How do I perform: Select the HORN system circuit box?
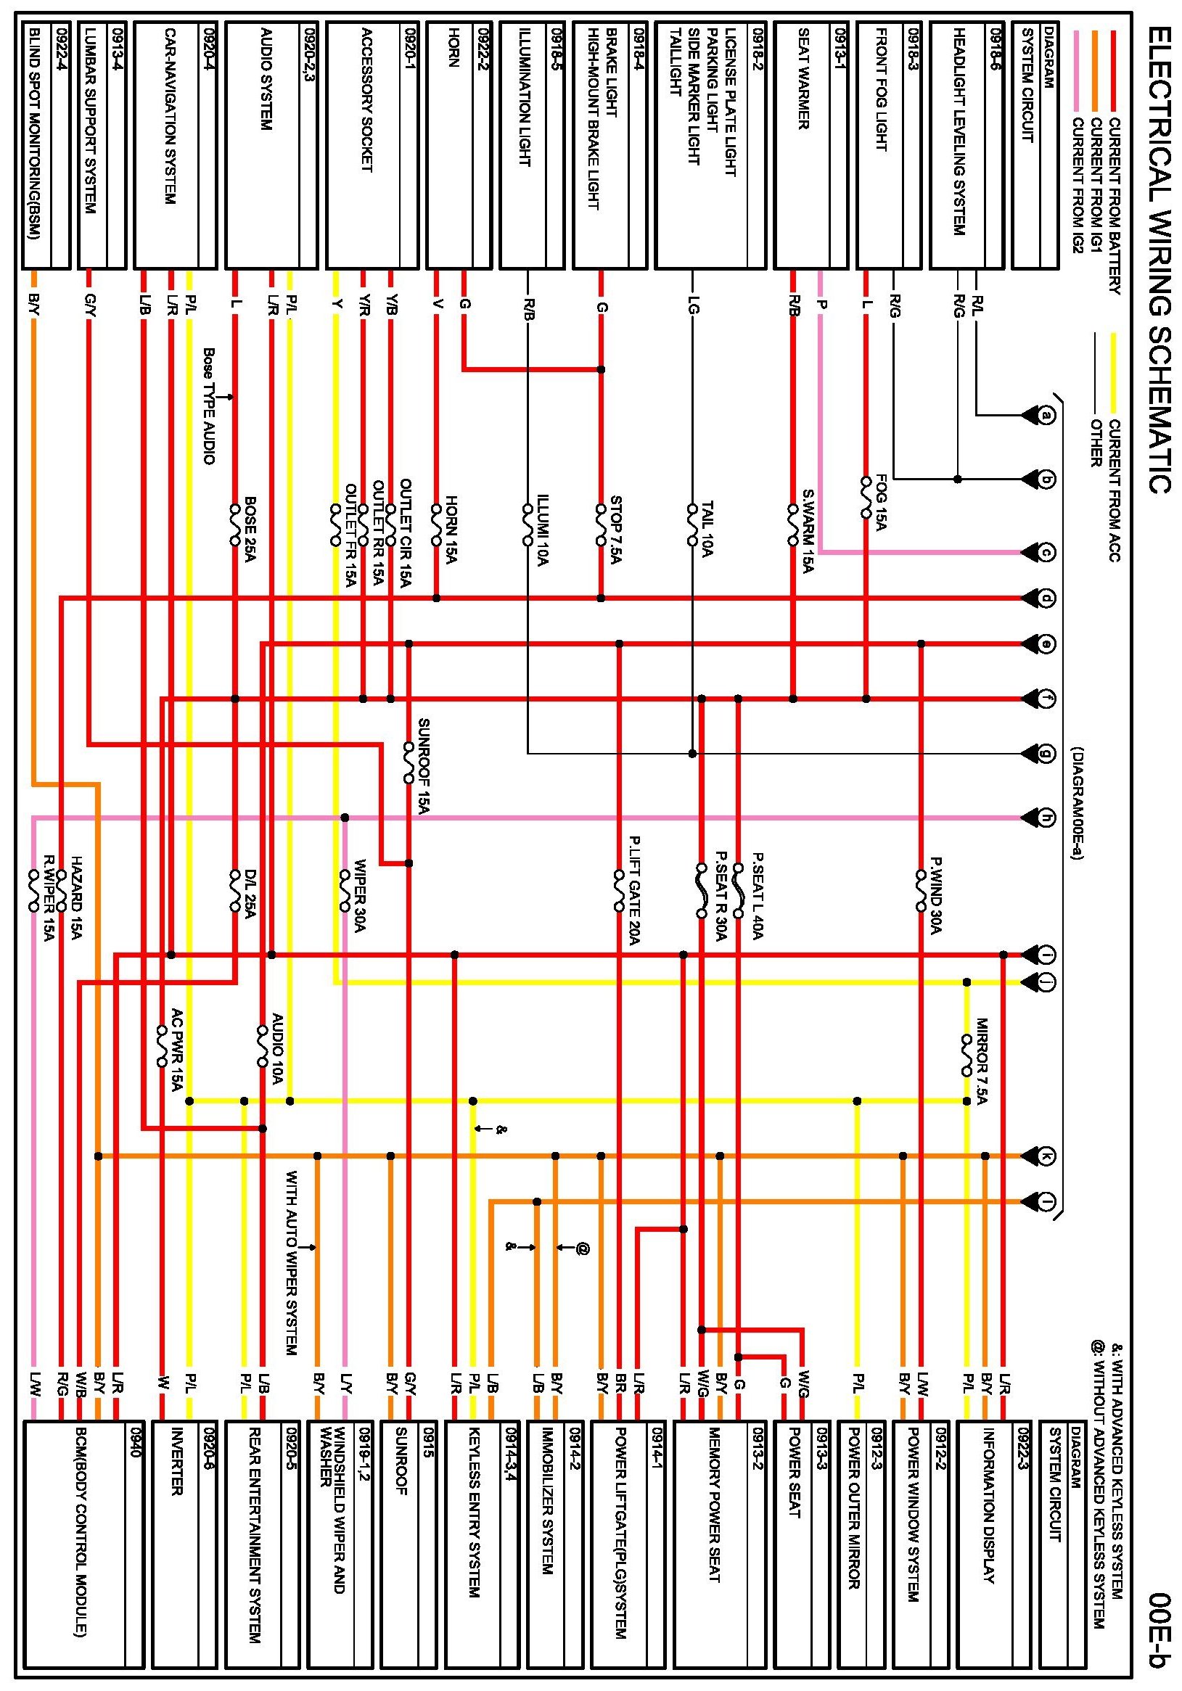(458, 144)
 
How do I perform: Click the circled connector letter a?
(1046, 416)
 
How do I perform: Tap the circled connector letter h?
(1046, 818)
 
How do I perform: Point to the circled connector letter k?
(1046, 1156)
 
